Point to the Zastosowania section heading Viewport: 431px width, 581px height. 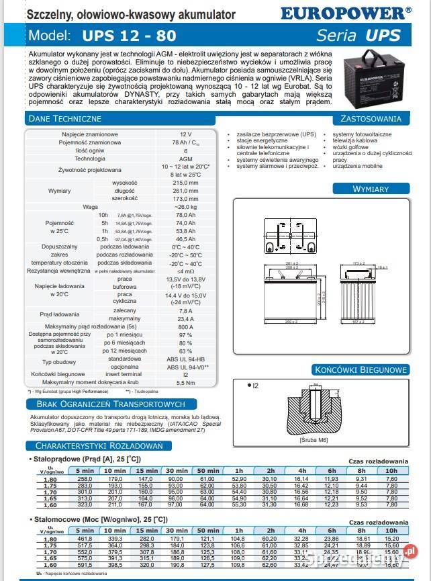[x=371, y=119]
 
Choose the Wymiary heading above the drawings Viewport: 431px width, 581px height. [x=370, y=189]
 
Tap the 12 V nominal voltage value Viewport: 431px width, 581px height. [x=185, y=134]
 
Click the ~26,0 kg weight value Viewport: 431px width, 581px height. [x=185, y=207]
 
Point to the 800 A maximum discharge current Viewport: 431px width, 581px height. [x=185, y=326]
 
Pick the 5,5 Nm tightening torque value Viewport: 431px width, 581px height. [x=185, y=382]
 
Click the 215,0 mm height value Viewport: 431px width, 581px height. [x=185, y=183]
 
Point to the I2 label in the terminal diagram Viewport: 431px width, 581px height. [x=254, y=386]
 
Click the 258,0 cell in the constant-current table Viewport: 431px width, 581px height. [x=85, y=478]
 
